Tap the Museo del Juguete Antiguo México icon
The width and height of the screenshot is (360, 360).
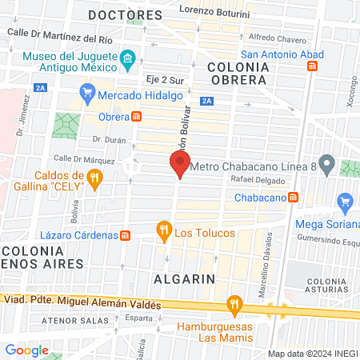point(127,59)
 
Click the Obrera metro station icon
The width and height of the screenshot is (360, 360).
point(137,117)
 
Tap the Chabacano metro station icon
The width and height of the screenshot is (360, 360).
point(294,197)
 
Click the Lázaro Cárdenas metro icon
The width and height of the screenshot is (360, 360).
point(126,235)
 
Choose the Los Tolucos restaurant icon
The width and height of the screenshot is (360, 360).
point(164,232)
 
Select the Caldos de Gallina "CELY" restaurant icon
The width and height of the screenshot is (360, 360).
point(95,178)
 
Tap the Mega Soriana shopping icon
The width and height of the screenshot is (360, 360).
point(345,200)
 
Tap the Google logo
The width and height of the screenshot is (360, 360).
point(27,350)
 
